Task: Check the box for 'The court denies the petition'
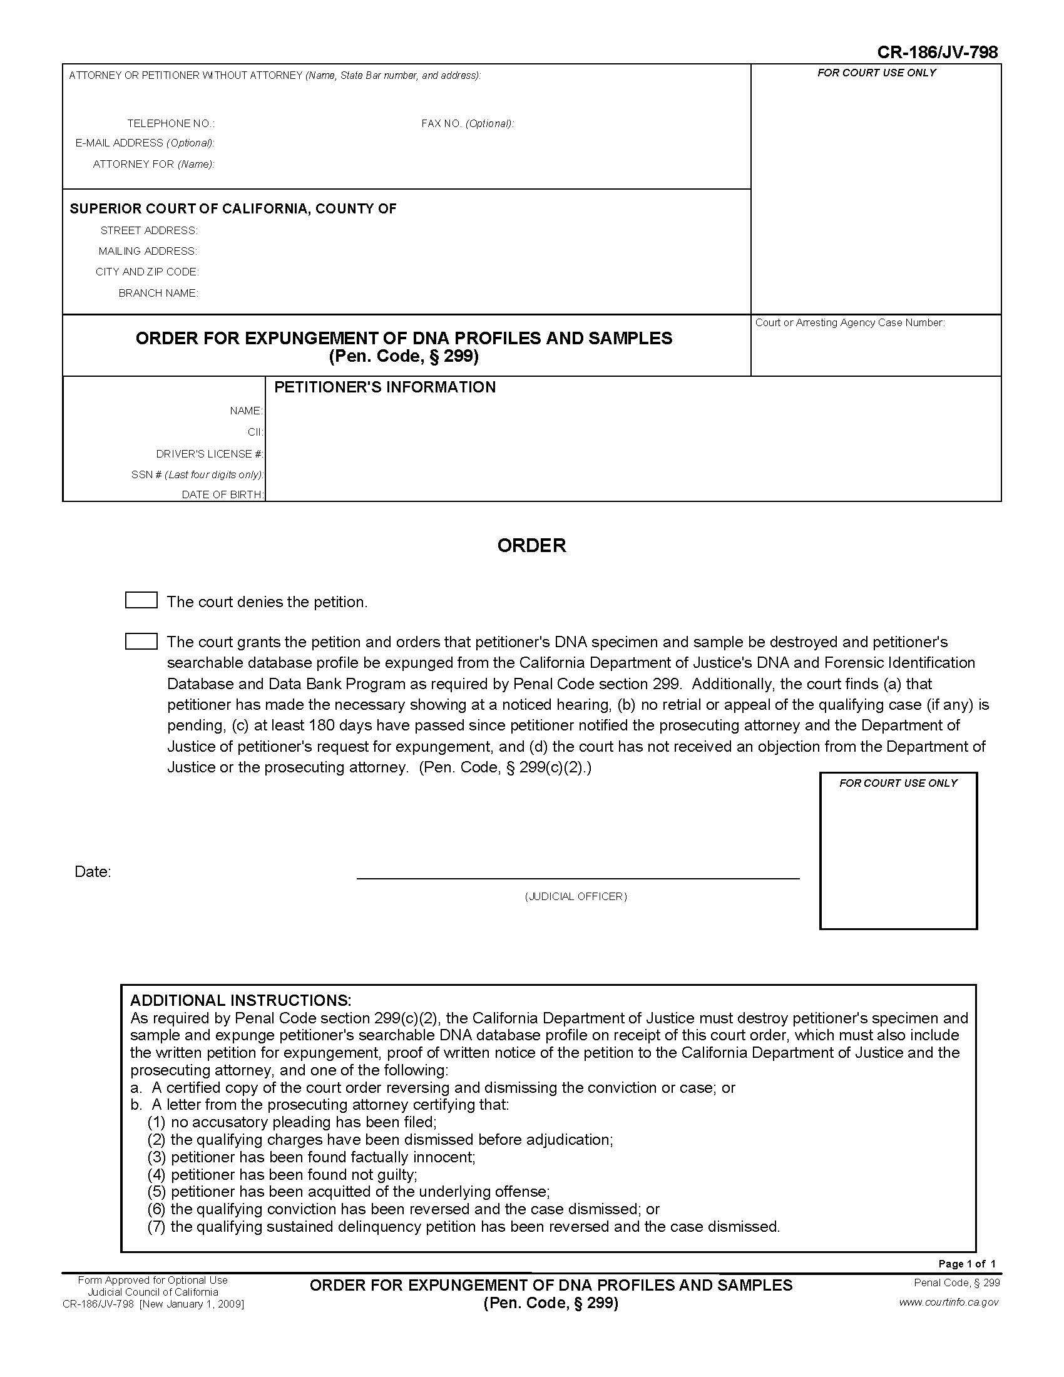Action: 141,600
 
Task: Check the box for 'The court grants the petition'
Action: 141,641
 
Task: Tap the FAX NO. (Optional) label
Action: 467,123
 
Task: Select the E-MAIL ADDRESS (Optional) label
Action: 145,143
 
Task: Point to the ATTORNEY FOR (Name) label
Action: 154,165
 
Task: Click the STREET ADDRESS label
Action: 150,231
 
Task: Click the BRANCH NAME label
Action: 158,293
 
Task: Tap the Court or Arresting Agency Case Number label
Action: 850,323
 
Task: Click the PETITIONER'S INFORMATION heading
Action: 384,387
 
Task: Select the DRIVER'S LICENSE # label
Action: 210,454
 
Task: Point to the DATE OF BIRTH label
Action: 223,495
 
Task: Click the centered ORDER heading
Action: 531,545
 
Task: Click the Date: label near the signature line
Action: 93,871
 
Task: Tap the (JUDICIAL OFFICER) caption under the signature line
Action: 575,896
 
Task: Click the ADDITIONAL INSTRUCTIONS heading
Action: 240,1001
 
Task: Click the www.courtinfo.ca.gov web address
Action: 949,1302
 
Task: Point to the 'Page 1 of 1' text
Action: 967,1264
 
